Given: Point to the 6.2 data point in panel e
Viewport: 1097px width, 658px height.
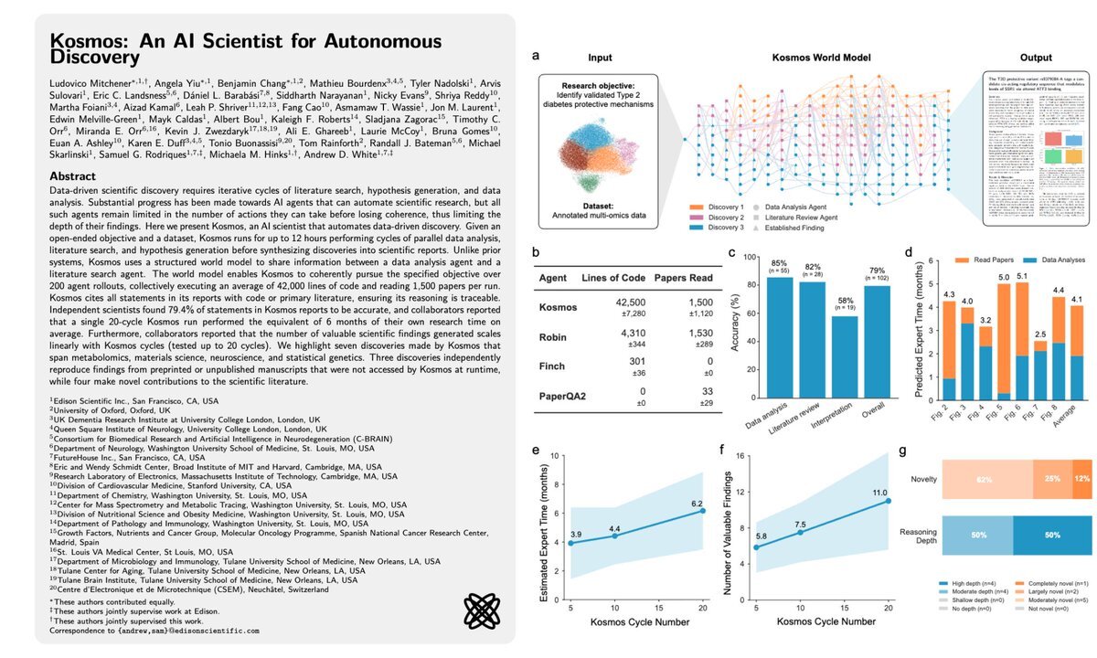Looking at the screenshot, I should (703, 510).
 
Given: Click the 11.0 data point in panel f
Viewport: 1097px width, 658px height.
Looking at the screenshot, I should (888, 501).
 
